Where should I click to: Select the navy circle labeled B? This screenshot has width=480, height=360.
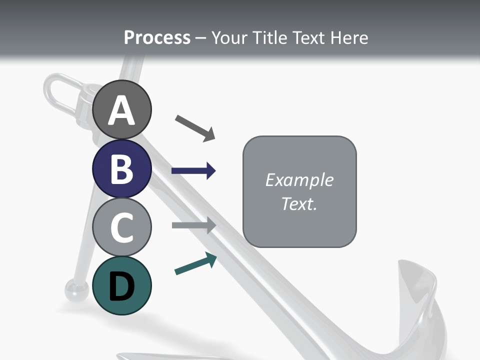[121, 168]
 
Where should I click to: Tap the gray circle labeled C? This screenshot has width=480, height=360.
[121, 227]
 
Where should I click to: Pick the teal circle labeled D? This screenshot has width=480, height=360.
[121, 285]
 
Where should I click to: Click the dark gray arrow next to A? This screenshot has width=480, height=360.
[195, 127]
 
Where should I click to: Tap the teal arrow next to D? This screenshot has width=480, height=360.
[195, 263]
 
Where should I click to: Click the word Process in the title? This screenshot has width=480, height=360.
[157, 37]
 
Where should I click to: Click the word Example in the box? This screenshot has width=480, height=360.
[299, 180]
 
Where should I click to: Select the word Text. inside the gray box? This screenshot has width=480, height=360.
[299, 203]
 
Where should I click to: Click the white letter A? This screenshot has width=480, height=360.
[121, 111]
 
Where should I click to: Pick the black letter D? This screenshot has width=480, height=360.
[121, 286]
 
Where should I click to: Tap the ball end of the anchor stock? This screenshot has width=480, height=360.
[76, 289]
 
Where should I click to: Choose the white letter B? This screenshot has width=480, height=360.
[121, 169]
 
